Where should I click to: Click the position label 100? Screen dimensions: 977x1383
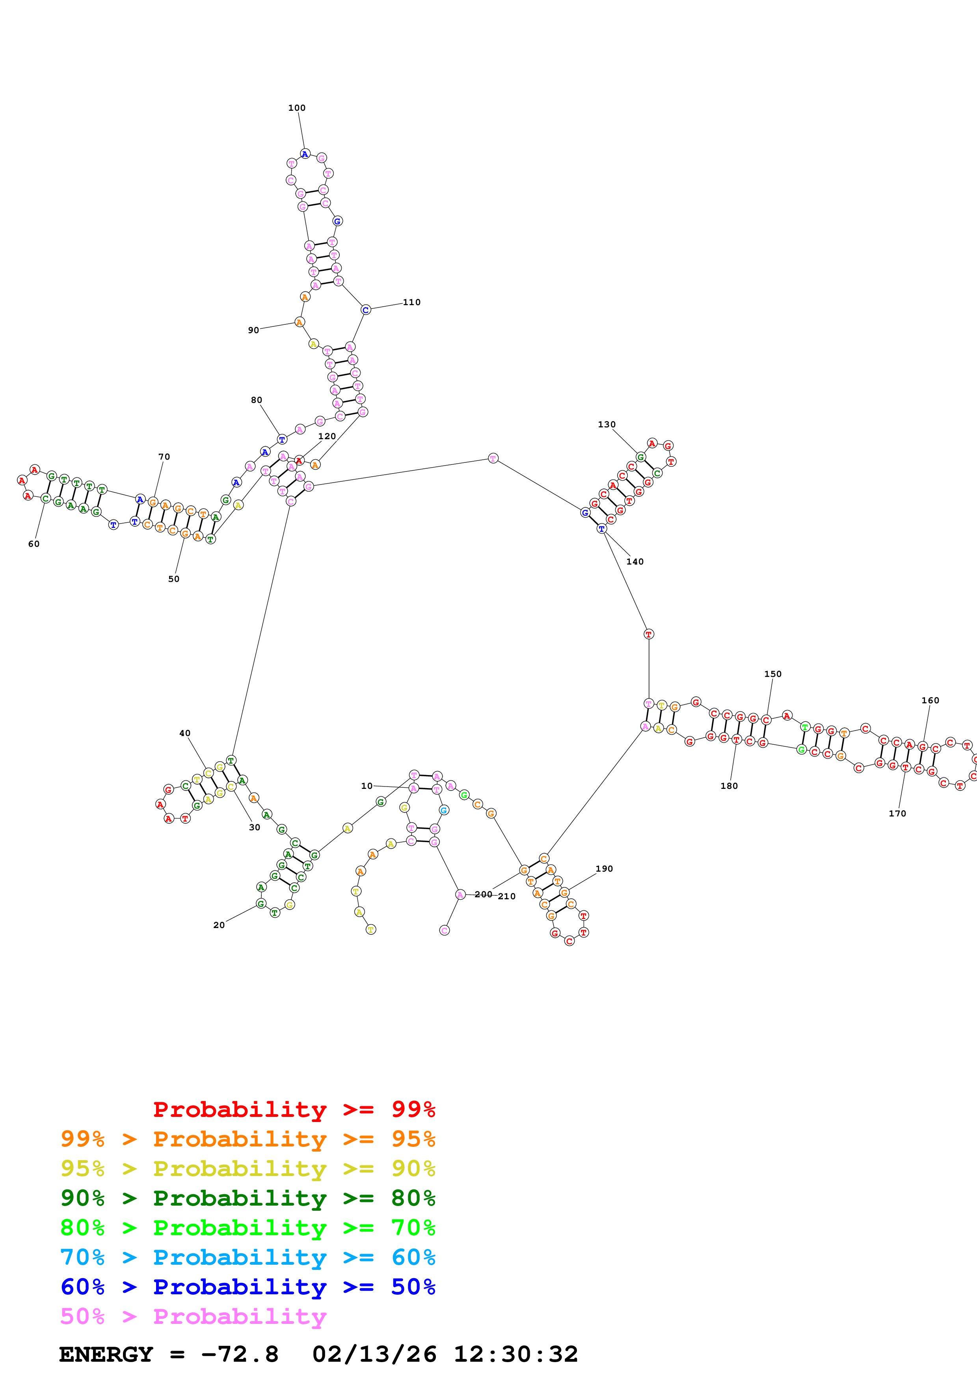pos(297,108)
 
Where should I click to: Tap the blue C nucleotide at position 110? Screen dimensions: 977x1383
pos(365,309)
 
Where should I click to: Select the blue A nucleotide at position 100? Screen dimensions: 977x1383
pos(305,154)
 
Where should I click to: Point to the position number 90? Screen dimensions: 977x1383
pos(253,330)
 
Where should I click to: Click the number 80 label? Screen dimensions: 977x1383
pos(257,400)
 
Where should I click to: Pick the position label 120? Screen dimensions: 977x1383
pos(327,436)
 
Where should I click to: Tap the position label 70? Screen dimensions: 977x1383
pos(164,457)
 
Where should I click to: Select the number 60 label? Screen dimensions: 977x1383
pos(34,544)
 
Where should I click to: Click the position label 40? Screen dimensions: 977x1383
pos(185,733)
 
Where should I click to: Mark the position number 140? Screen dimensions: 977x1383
pos(635,561)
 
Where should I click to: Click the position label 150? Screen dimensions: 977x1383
pos(773,674)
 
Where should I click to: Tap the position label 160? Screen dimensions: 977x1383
pos(930,701)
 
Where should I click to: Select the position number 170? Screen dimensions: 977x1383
pos(897,813)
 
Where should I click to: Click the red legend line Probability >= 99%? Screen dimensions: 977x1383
pos(294,1109)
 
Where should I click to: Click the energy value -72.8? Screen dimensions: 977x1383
pos(240,1354)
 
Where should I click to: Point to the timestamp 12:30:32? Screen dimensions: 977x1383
pos(515,1354)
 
